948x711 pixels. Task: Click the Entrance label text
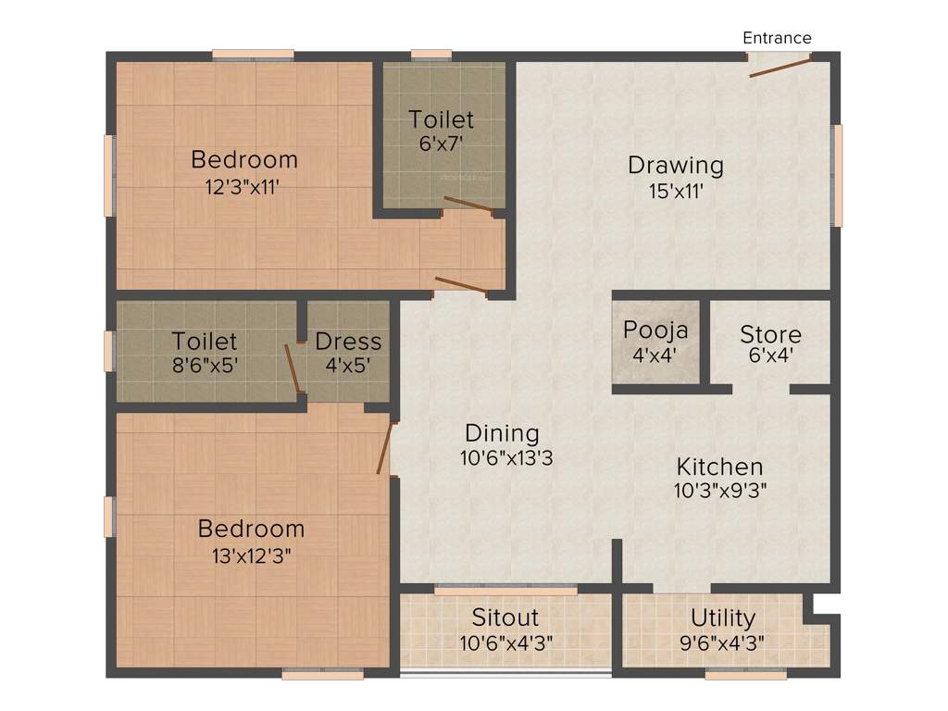click(x=777, y=38)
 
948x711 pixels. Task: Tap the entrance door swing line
click(x=780, y=66)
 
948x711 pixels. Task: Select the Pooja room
click(x=655, y=342)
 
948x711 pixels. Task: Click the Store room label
click(x=770, y=333)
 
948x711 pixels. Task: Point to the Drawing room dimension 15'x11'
click(x=675, y=193)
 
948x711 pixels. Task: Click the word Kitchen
click(x=719, y=467)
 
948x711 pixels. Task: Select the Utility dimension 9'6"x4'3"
click(x=722, y=642)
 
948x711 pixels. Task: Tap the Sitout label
click(x=505, y=617)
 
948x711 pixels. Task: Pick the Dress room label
click(x=348, y=341)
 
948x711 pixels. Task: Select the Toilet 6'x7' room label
click(x=442, y=119)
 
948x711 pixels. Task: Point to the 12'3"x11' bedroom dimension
click(x=243, y=186)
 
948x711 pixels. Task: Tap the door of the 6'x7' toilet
click(x=468, y=205)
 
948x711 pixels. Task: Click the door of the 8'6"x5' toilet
click(x=293, y=368)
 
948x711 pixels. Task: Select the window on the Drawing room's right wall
click(x=838, y=175)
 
